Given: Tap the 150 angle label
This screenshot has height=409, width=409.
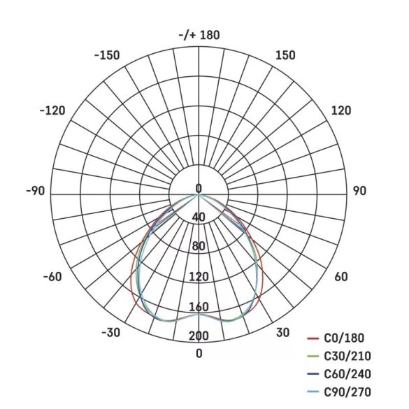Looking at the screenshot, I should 285,55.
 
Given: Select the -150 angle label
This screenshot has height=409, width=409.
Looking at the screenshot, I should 107,55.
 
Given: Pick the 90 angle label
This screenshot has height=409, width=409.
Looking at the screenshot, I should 359,191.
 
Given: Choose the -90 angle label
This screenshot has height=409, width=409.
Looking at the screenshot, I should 35,191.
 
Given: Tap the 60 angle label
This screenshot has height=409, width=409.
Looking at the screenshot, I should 340,277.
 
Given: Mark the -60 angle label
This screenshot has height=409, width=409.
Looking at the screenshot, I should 52,277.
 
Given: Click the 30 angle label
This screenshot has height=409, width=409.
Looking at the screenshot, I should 282,332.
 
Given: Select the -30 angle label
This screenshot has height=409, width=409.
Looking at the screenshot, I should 111,332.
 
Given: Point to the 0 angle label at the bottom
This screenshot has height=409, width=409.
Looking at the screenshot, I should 199,353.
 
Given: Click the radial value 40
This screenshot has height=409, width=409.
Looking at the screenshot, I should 199,217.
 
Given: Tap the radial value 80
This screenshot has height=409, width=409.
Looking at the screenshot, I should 199,246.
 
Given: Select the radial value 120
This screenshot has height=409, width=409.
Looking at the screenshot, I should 199,278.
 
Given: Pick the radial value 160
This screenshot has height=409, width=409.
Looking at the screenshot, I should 199,307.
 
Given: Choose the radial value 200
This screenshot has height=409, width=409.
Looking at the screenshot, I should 199,336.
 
